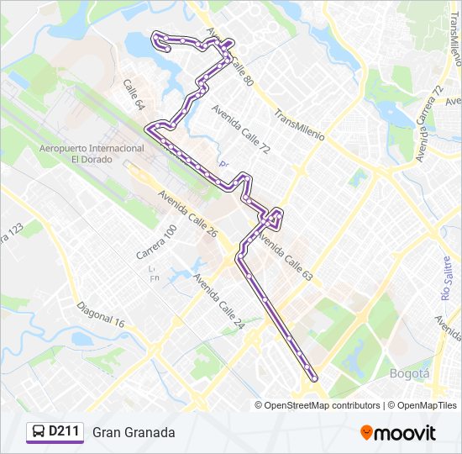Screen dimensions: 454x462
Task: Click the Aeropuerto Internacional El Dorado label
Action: (92, 153)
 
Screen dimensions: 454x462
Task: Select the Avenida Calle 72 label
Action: (241, 129)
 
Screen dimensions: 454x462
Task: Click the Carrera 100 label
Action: (157, 241)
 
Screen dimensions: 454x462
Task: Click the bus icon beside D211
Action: (39, 432)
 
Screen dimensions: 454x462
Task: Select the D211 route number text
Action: (64, 432)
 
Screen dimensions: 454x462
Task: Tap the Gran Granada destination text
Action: (134, 432)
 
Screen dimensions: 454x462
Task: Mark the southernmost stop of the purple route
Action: (314, 377)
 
